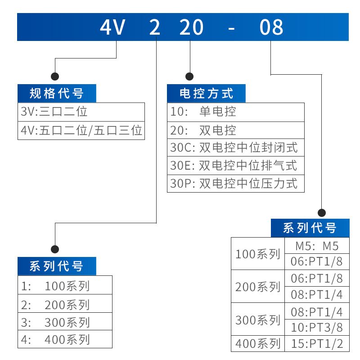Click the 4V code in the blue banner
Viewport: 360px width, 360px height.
(x=112, y=27)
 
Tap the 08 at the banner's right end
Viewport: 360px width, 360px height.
(x=271, y=27)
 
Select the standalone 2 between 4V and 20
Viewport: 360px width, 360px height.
(x=154, y=27)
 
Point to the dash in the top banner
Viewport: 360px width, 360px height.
(x=231, y=29)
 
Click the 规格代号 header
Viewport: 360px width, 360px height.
(x=57, y=93)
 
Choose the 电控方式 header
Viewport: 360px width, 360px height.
(x=206, y=93)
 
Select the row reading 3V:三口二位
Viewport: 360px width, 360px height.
(x=81, y=112)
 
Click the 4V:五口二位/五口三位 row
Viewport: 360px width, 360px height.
(x=81, y=130)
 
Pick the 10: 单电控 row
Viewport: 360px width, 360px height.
(x=235, y=112)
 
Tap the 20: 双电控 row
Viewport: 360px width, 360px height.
(x=235, y=130)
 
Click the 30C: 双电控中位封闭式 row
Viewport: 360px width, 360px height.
(x=235, y=148)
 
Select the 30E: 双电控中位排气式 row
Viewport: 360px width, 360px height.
(x=235, y=166)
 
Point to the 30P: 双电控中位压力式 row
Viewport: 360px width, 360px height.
(x=235, y=184)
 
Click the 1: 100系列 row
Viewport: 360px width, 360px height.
(x=65, y=285)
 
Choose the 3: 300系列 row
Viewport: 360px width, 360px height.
(x=65, y=321)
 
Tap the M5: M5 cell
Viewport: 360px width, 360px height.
(x=317, y=246)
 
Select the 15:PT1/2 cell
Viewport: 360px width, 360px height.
(x=317, y=343)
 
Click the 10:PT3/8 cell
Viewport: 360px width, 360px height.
(x=317, y=328)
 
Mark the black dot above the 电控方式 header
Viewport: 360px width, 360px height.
(x=189, y=76)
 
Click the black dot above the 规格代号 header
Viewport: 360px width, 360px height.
(x=55, y=76)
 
